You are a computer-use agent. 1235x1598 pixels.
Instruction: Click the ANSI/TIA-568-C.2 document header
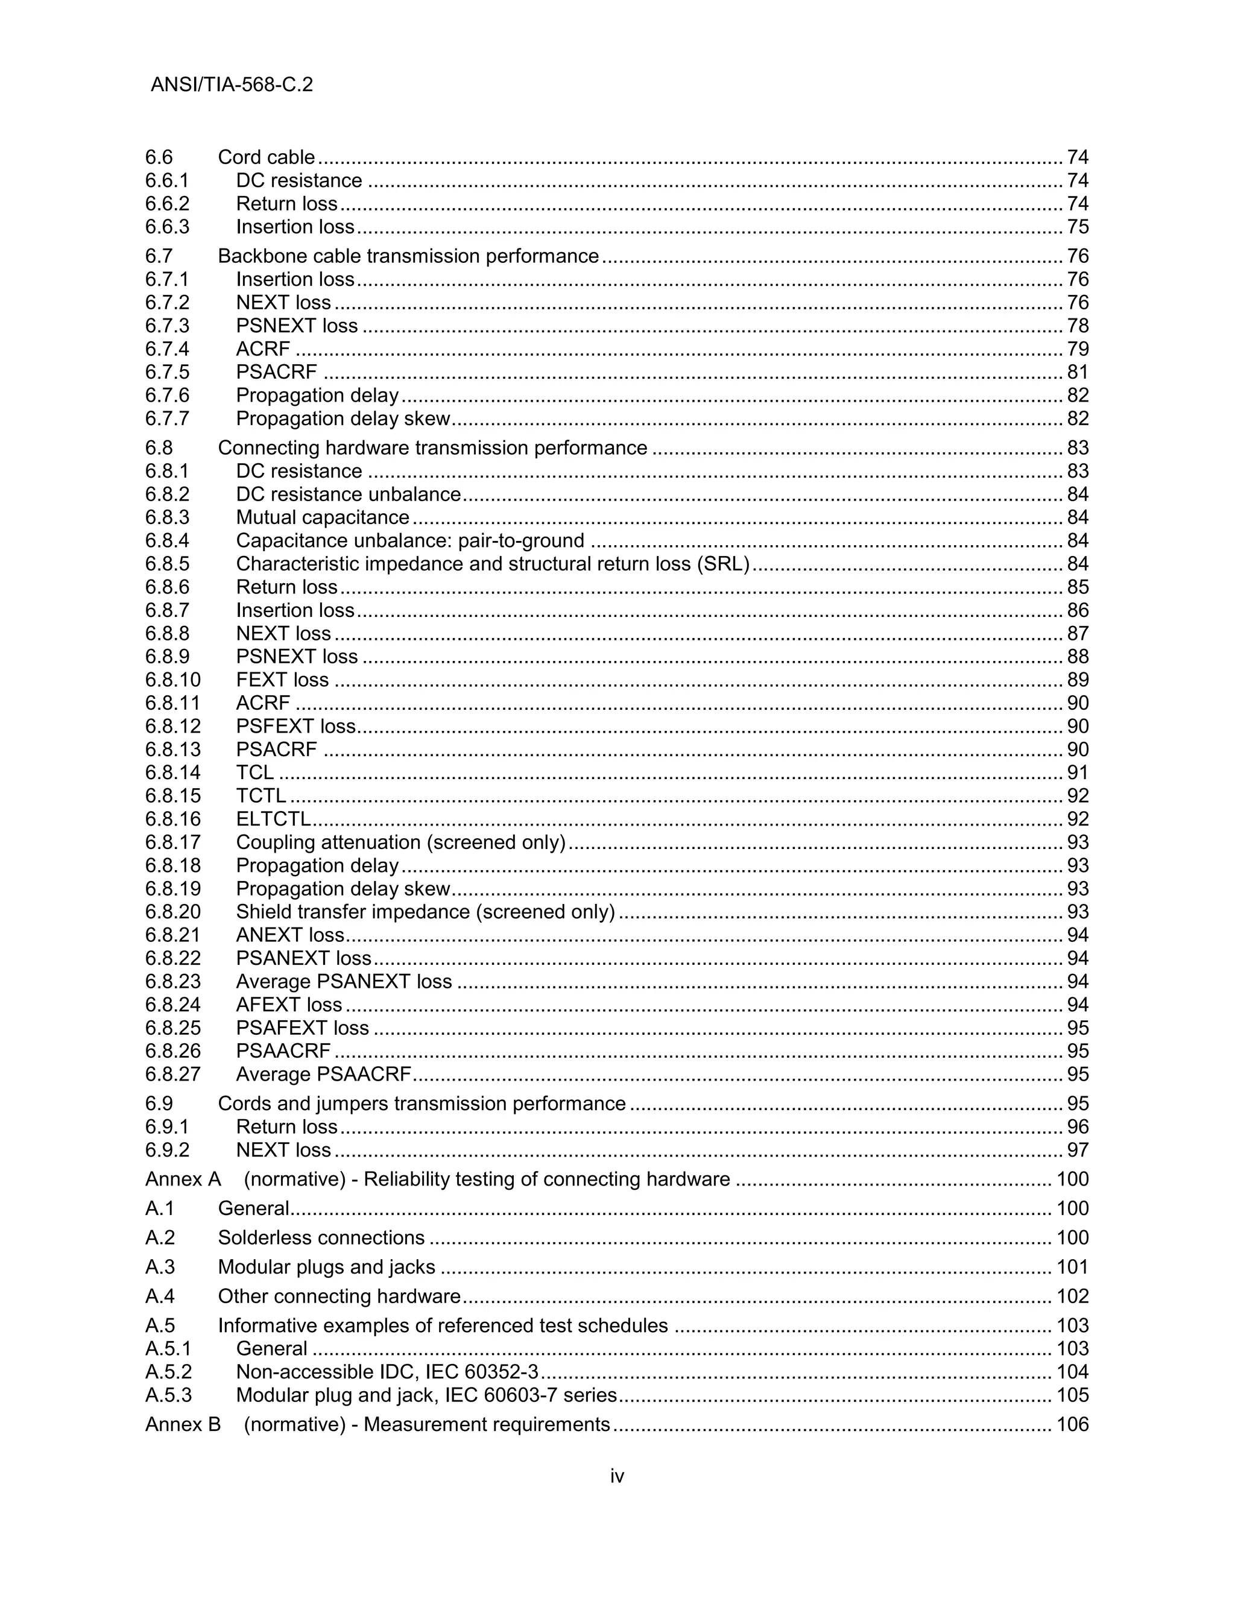click(x=231, y=85)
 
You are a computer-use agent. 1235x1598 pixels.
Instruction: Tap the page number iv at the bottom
click(x=617, y=1477)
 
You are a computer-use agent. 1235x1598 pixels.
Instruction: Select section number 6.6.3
click(x=167, y=227)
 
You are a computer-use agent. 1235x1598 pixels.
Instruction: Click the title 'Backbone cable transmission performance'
click(x=408, y=256)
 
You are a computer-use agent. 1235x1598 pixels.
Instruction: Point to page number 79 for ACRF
click(x=1078, y=349)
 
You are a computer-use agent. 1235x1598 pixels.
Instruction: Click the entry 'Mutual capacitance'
click(x=322, y=517)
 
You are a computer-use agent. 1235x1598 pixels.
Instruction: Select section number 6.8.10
click(x=172, y=680)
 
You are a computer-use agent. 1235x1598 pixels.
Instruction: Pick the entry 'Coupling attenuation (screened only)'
click(x=400, y=842)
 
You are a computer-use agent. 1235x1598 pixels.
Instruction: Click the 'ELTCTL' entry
click(x=273, y=819)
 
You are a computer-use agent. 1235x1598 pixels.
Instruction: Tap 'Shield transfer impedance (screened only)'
click(x=425, y=912)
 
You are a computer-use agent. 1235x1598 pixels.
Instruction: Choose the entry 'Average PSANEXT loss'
click(x=344, y=981)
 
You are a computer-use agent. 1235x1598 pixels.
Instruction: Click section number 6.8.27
click(x=172, y=1074)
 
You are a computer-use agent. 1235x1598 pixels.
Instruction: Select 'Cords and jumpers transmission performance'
click(x=422, y=1104)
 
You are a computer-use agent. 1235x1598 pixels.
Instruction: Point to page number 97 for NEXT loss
click(x=1078, y=1149)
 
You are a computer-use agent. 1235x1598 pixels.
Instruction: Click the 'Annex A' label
click(x=183, y=1179)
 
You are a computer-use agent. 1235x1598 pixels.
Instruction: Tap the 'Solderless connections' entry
click(x=321, y=1237)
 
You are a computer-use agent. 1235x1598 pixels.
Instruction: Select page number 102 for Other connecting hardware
click(x=1073, y=1296)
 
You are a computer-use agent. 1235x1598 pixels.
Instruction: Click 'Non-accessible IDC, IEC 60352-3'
click(x=387, y=1372)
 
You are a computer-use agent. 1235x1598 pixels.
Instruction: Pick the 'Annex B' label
click(x=183, y=1424)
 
